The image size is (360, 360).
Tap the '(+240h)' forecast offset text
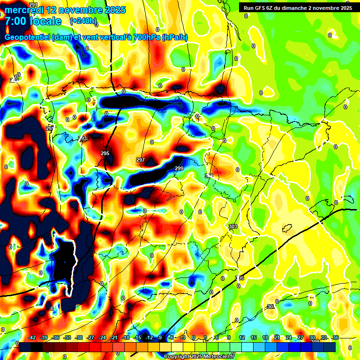tap(83, 21)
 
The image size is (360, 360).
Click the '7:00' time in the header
tap(15, 21)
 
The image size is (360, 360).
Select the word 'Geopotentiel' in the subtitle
tap(27, 37)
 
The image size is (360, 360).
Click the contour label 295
tap(105, 153)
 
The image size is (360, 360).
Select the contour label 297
tap(140, 160)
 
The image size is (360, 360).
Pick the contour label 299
tap(179, 168)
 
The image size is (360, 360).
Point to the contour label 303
tap(233, 226)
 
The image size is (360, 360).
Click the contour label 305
tap(240, 278)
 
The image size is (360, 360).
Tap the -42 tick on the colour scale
tap(32, 337)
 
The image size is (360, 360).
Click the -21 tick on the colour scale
tap(114, 337)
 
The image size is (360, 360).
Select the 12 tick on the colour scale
tap(242, 337)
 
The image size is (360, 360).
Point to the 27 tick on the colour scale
tap(300, 337)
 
